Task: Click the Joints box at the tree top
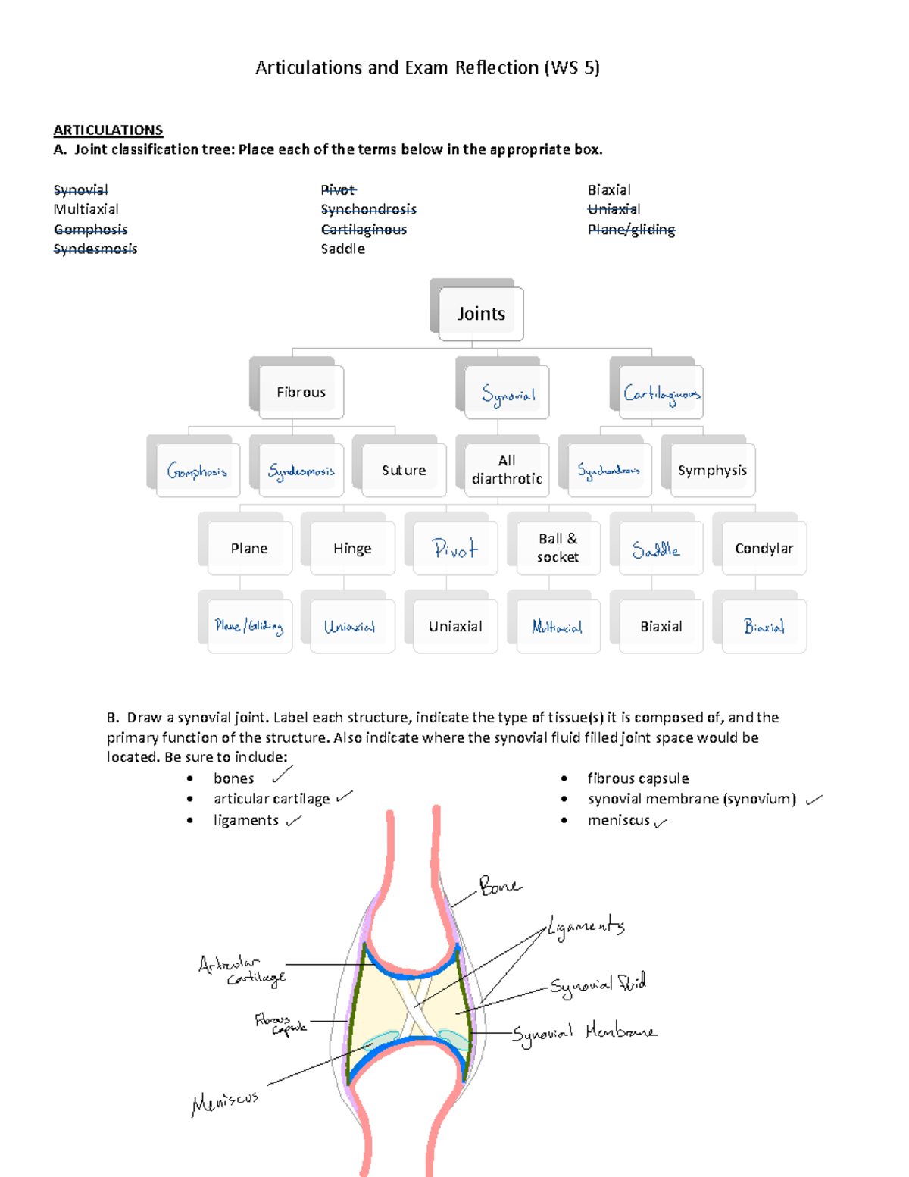pyautogui.click(x=481, y=314)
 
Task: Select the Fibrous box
pyautogui.click(x=301, y=392)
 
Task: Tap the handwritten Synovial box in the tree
pyautogui.click(x=508, y=393)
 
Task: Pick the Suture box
pyautogui.click(x=404, y=471)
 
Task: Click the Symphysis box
pyautogui.click(x=712, y=471)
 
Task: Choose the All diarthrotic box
pyautogui.click(x=507, y=470)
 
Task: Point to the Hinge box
pyautogui.click(x=352, y=549)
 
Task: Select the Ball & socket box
pyautogui.click(x=558, y=548)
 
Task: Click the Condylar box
pyautogui.click(x=764, y=548)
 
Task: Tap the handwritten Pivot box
pyautogui.click(x=454, y=549)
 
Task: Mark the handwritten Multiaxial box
pyautogui.click(x=558, y=627)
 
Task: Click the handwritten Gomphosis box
pyautogui.click(x=197, y=471)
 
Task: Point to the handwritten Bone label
pyautogui.click(x=500, y=885)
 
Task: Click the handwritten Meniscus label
pyautogui.click(x=225, y=1102)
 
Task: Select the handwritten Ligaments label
pyautogui.click(x=586, y=927)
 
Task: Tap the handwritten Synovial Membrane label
pyautogui.click(x=584, y=1033)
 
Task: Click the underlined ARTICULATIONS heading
pyautogui.click(x=108, y=130)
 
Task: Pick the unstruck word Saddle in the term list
pyautogui.click(x=342, y=249)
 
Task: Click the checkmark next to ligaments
pyautogui.click(x=294, y=820)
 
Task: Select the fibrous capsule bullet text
pyautogui.click(x=638, y=778)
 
